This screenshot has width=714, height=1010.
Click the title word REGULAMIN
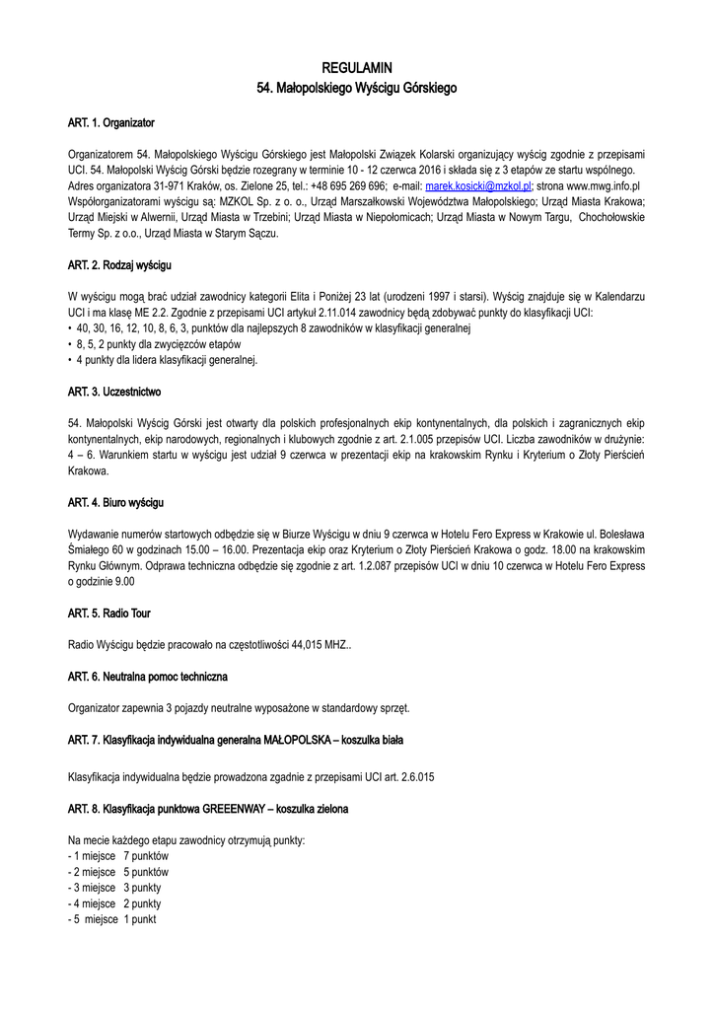pyautogui.click(x=357, y=68)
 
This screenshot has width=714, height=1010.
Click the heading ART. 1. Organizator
pyautogui.click(x=111, y=123)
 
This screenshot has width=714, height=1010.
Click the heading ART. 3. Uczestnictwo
pyautogui.click(x=114, y=393)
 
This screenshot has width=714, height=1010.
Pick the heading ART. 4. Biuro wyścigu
pyautogui.click(x=115, y=503)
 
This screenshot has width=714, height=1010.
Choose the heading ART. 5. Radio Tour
pyautogui.click(x=109, y=613)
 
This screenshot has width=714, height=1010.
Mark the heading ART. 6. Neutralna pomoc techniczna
pyautogui.click(x=148, y=677)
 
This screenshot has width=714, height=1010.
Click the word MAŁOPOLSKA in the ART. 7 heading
pyautogui.click(x=293, y=740)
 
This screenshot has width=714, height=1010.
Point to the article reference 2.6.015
pyautogui.click(x=412, y=777)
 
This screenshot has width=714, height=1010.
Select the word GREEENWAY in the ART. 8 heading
pyautogui.click(x=234, y=809)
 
